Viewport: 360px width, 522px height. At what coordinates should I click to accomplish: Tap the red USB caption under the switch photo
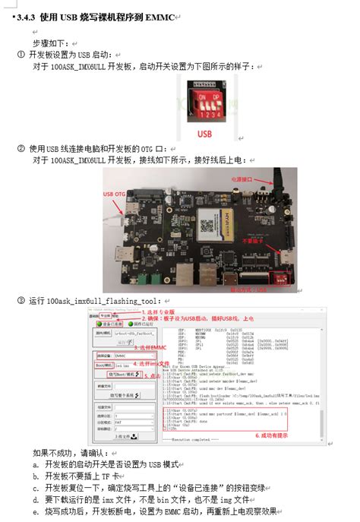pyautogui.click(x=204, y=133)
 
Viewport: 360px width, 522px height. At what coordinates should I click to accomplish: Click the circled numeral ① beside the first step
pyautogui.click(x=21, y=55)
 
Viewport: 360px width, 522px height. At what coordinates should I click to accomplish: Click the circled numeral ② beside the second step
pyautogui.click(x=21, y=148)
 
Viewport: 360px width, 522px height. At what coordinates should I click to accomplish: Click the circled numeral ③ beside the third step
pyautogui.click(x=21, y=302)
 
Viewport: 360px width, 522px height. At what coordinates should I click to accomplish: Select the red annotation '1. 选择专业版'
pyautogui.click(x=159, y=312)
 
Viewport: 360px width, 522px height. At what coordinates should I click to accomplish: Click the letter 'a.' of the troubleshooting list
pyautogui.click(x=36, y=463)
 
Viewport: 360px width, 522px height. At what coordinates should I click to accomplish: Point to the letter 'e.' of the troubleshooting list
pyautogui.click(x=36, y=511)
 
